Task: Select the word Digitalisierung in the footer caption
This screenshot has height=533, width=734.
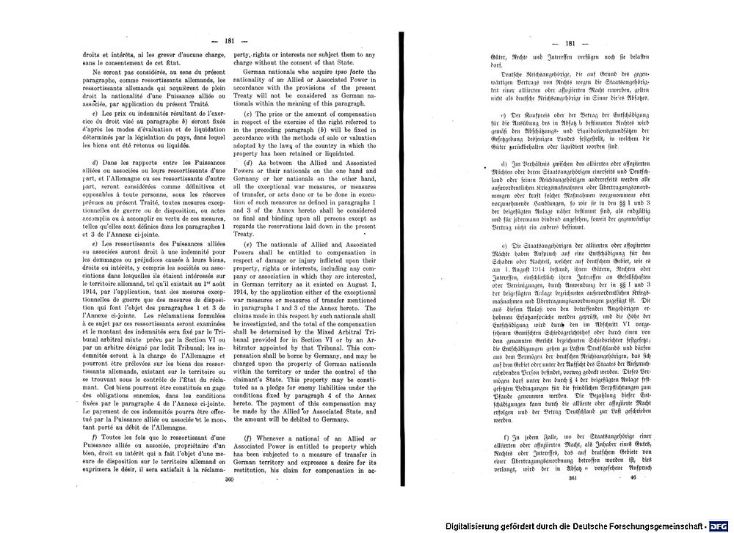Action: click(x=475, y=526)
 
